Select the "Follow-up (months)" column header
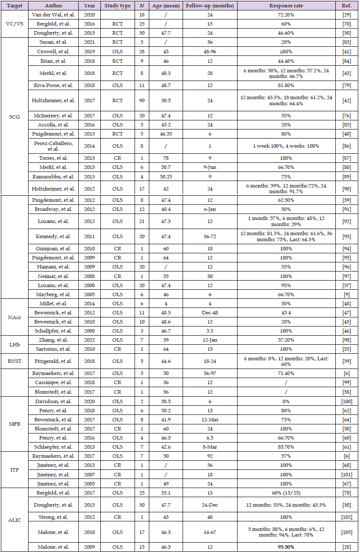(209, 6)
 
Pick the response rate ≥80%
(286, 51)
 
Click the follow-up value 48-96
(209, 51)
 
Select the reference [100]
(347, 401)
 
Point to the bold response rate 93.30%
(286, 547)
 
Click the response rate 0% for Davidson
(286, 401)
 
